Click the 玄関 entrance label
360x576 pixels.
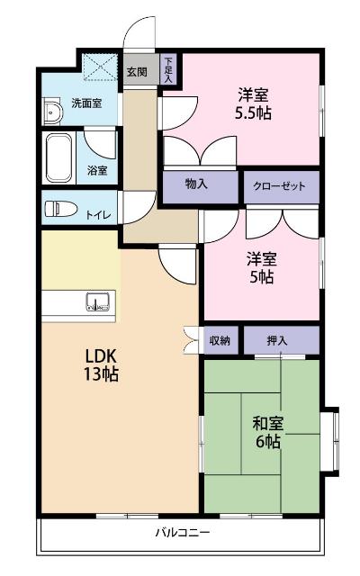point(136,71)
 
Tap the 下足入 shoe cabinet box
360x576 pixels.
point(167,68)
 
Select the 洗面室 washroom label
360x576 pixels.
point(86,103)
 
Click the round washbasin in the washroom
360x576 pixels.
point(52,112)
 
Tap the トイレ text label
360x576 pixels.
point(99,214)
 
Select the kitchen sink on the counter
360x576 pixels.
point(96,302)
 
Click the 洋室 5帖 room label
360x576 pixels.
point(261,268)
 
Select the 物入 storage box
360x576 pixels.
point(197,185)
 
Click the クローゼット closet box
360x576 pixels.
point(281,186)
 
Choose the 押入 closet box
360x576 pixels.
point(279,339)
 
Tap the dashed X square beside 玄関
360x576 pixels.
point(97,68)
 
